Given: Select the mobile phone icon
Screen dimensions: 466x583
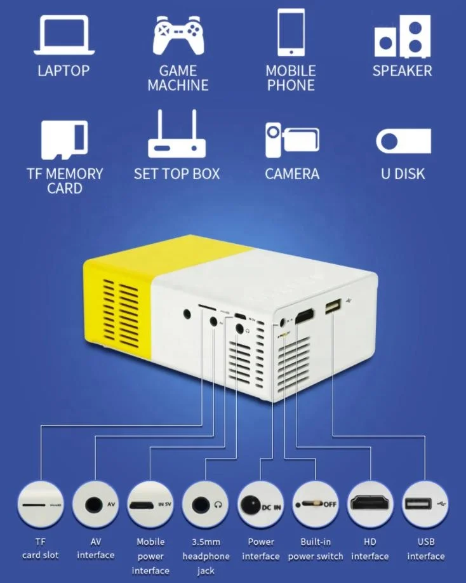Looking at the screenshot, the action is tap(291, 32).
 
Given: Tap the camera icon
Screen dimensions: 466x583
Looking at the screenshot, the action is tap(291, 139).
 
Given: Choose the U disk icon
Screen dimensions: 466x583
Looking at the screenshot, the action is tap(403, 141).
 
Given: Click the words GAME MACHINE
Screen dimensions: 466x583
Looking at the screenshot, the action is tap(178, 78).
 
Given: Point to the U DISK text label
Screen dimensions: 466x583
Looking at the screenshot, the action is tap(403, 174).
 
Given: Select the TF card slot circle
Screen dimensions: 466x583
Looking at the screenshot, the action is tap(39, 506).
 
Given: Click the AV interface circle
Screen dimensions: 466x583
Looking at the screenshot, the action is tap(95, 506).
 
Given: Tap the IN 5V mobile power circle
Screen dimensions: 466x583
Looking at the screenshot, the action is tap(150, 506).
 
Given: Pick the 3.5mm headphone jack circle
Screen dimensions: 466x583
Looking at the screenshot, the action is tap(206, 506).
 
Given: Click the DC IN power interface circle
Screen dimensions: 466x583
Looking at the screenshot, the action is tap(261, 506).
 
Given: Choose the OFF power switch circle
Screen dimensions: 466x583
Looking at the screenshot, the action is tap(316, 506).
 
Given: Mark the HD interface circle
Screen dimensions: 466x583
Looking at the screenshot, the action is tap(371, 506).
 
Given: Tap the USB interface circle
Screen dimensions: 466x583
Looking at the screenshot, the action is tap(425, 506).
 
